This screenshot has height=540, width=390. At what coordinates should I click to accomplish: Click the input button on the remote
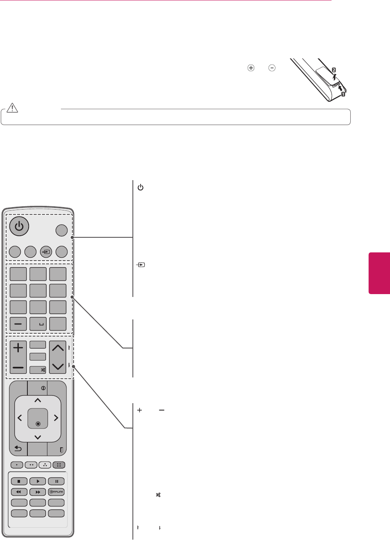(46, 252)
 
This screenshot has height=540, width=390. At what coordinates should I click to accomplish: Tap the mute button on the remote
(38, 370)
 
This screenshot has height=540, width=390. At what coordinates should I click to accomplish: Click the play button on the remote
(38, 481)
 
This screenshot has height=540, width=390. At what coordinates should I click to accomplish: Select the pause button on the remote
(56, 481)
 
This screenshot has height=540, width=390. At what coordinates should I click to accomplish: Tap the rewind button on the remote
(19, 492)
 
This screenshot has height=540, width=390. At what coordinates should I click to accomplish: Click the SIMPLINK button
(56, 492)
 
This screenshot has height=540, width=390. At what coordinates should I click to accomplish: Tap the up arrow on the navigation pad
(38, 400)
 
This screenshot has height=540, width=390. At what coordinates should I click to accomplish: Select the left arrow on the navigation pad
(20, 418)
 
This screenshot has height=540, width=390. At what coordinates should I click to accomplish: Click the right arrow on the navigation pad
(56, 418)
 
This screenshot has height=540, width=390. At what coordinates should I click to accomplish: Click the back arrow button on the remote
(18, 449)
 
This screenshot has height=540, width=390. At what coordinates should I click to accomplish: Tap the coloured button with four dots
(58, 465)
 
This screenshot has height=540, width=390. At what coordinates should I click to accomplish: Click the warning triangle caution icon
(13, 107)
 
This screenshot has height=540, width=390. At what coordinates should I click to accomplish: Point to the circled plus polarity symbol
(251, 68)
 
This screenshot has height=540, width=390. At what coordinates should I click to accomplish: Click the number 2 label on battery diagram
(334, 70)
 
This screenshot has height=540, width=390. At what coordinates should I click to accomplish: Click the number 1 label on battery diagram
(343, 94)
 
